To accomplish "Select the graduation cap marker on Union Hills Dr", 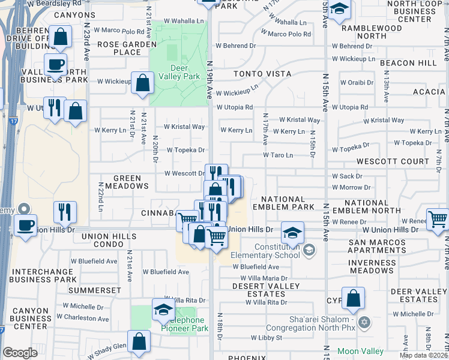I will coord(292,232).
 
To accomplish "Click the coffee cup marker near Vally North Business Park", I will coord(56,64).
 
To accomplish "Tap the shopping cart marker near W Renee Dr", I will coord(438,218).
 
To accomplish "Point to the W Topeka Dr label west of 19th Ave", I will coord(185,150).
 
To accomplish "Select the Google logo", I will coord(20,352).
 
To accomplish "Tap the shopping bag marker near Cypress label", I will coord(354,298).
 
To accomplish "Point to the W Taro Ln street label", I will coord(277,155).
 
